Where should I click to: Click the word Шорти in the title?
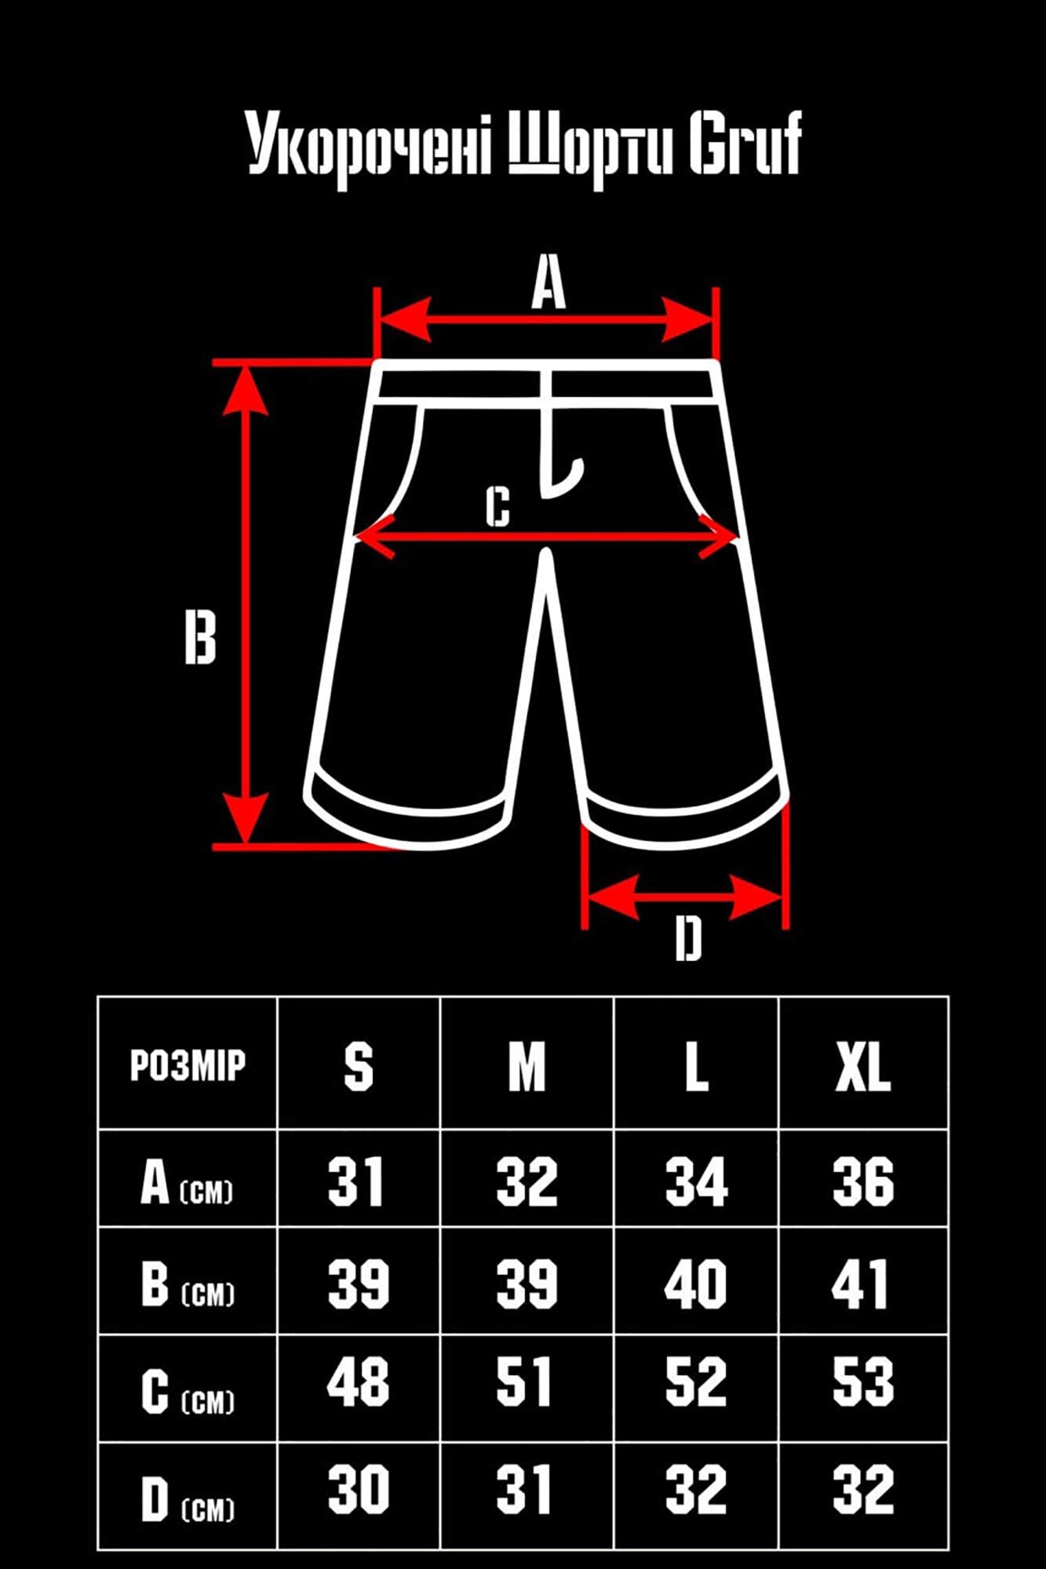tap(591, 147)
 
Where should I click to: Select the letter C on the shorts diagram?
tap(497, 506)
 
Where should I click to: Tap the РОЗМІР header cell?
tap(188, 1065)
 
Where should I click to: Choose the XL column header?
tap(862, 1067)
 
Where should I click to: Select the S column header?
tap(359, 1067)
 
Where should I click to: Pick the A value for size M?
tap(527, 1181)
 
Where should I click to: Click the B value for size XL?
tap(861, 1284)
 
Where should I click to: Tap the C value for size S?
tap(359, 1382)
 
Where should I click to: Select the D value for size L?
tap(695, 1488)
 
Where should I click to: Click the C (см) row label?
tap(188, 1392)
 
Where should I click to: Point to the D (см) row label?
tap(188, 1498)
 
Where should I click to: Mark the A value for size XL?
tap(862, 1181)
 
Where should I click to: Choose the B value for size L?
tap(695, 1284)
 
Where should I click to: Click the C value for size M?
tap(524, 1382)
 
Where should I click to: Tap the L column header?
tap(696, 1067)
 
